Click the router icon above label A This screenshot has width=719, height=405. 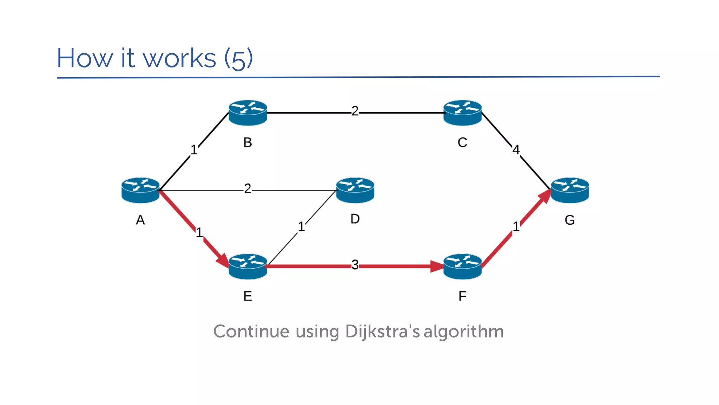tap(140, 190)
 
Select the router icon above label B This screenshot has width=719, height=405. tap(248, 113)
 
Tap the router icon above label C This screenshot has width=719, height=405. tap(462, 113)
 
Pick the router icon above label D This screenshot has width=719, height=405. tap(355, 190)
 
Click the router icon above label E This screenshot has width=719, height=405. tap(248, 266)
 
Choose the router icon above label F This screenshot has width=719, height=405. tap(462, 266)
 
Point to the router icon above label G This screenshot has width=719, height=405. tap(570, 190)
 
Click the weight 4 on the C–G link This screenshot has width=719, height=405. tap(516, 150)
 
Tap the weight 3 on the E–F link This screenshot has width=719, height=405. tap(355, 265)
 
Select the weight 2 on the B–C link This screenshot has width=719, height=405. tap(355, 111)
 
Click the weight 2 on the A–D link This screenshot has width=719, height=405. tap(248, 189)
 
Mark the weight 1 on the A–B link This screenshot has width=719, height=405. tap(194, 150)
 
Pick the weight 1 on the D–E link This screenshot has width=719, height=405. tap(301, 227)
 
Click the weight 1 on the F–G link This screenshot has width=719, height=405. tap(516, 227)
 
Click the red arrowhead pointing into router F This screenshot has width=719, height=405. tap(437, 266)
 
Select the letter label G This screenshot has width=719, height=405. tap(569, 220)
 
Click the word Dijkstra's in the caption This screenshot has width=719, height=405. tap(382, 332)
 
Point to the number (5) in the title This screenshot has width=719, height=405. tap(238, 58)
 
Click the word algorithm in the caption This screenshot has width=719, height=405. tap(463, 332)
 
